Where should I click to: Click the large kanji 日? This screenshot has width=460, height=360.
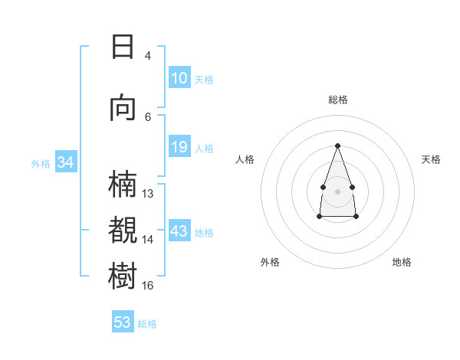(x=123, y=47)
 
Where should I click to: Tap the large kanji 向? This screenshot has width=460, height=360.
(x=123, y=109)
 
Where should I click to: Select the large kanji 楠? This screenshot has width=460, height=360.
(x=123, y=184)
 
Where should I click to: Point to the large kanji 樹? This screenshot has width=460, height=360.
(x=123, y=276)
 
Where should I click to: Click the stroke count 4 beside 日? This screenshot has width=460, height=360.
(x=147, y=56)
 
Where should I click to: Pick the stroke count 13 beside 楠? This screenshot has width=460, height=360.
(x=147, y=194)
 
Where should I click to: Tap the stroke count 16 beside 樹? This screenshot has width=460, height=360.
(x=147, y=285)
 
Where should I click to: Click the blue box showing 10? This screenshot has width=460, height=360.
(x=179, y=77)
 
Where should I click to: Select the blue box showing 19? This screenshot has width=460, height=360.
(x=179, y=146)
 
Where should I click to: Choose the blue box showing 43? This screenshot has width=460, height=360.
(x=179, y=230)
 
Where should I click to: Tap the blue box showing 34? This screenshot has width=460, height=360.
(x=66, y=162)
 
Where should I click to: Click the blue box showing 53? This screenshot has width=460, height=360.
(x=123, y=321)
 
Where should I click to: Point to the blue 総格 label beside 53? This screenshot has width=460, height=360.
(x=147, y=324)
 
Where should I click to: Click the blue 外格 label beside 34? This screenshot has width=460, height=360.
(x=41, y=164)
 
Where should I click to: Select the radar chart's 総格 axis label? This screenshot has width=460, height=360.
(x=338, y=100)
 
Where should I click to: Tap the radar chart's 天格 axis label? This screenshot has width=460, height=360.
(x=431, y=159)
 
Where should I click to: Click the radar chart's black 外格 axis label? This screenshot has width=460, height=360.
(x=270, y=262)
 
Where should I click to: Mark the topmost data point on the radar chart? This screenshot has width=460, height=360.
(x=337, y=146)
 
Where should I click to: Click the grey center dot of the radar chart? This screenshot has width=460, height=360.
(x=337, y=191)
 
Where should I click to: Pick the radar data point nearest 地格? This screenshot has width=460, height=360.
(x=356, y=216)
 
